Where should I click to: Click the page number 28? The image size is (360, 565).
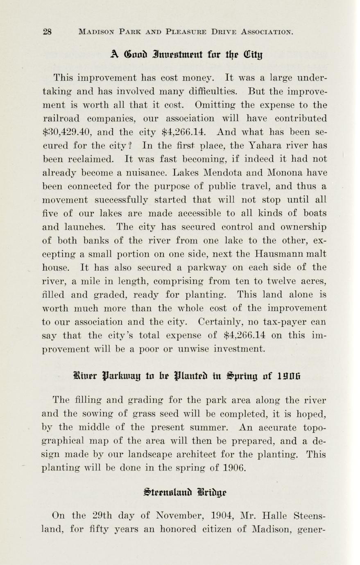click(x=47, y=32)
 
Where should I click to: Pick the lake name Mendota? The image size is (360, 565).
click(x=226, y=172)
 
